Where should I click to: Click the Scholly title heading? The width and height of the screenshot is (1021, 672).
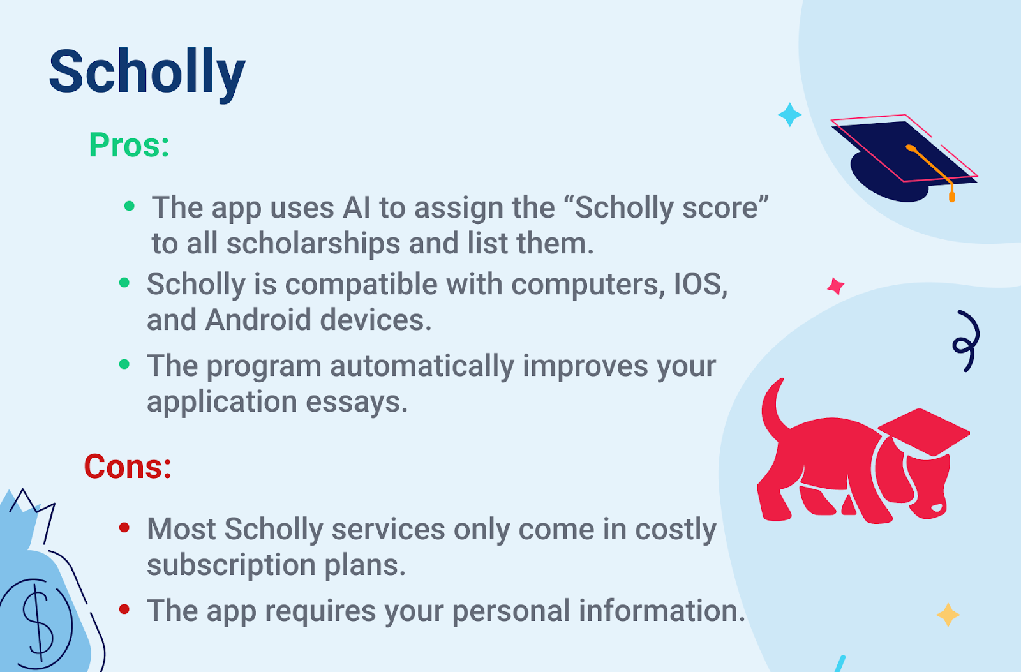click(147, 73)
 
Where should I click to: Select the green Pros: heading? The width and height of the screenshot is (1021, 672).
click(129, 145)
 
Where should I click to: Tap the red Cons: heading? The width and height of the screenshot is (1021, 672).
click(128, 467)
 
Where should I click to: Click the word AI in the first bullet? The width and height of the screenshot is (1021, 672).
click(357, 208)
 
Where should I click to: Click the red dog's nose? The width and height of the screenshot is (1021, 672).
click(935, 508)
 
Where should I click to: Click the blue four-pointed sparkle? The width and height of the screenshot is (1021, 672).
click(790, 114)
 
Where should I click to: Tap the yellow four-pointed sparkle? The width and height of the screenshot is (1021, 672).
click(948, 615)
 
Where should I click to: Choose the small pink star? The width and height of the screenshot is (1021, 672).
click(836, 287)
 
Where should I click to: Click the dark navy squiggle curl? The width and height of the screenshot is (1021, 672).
click(966, 341)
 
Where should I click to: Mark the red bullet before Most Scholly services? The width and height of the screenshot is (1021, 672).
click(124, 528)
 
